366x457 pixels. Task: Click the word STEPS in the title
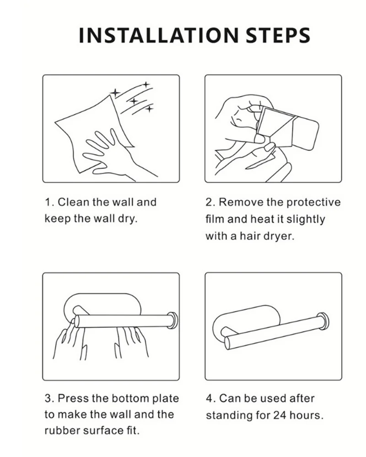tap(278, 35)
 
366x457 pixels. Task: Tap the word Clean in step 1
tap(74, 202)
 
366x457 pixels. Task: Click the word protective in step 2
tap(313, 202)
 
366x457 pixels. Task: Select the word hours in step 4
tap(304, 415)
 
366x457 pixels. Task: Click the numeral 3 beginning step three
tap(48, 398)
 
